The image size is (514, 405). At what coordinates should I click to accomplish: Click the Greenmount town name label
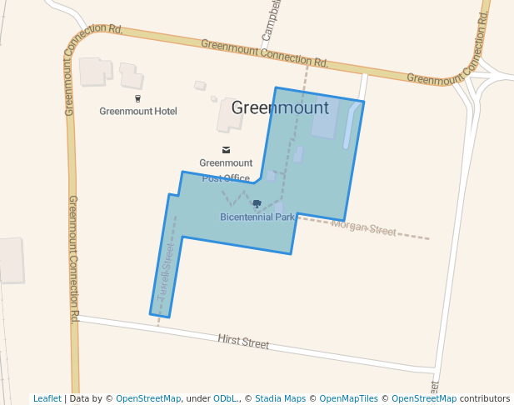tap(280, 108)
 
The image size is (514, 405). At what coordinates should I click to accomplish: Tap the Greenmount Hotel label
tap(138, 111)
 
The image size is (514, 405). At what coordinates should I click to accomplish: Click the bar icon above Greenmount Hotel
tap(137, 98)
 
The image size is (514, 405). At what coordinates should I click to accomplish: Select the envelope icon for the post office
tap(226, 150)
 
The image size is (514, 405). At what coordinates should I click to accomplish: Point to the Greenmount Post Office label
tap(226, 170)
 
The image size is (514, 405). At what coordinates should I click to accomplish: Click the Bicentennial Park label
tap(258, 217)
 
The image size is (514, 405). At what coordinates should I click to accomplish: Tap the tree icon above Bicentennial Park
tap(257, 204)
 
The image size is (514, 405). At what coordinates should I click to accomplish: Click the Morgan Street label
tap(364, 228)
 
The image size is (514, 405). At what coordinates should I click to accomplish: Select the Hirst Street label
tap(243, 342)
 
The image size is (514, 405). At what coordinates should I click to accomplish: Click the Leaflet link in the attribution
tap(47, 398)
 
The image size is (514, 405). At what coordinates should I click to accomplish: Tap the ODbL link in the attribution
tap(225, 398)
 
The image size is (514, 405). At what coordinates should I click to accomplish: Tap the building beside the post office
tap(230, 115)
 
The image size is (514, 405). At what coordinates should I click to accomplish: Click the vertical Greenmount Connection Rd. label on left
tap(73, 258)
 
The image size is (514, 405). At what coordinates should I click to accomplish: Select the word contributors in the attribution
tap(485, 398)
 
